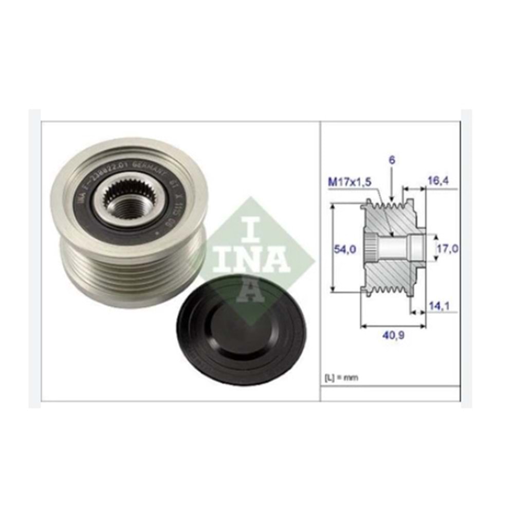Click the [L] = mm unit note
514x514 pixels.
coord(341,377)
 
